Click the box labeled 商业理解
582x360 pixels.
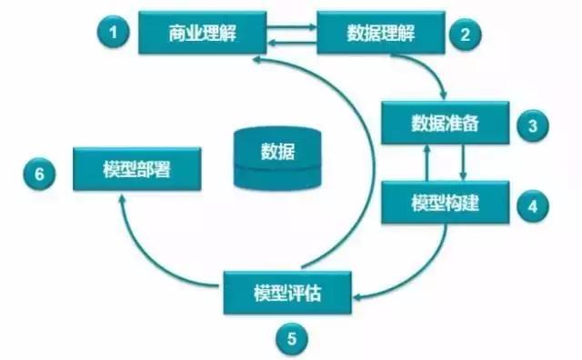(x=202, y=35)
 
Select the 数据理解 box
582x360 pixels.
(x=382, y=35)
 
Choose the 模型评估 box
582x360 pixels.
(x=288, y=293)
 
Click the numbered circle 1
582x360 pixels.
(x=114, y=33)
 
